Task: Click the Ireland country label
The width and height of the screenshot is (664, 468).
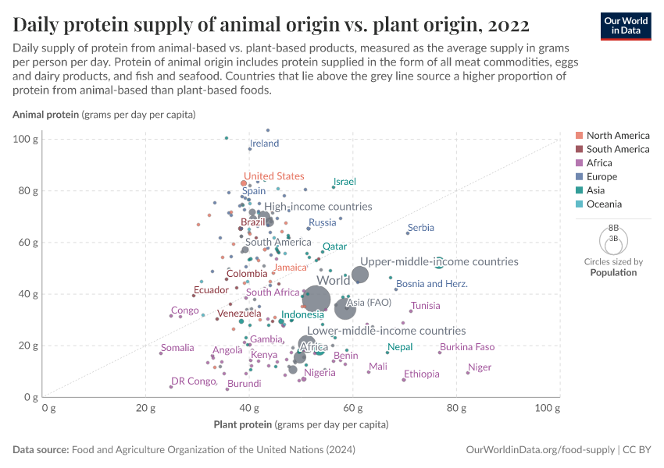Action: click(x=264, y=144)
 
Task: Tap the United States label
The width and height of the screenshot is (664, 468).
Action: click(x=273, y=177)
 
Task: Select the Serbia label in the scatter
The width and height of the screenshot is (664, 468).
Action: click(x=421, y=228)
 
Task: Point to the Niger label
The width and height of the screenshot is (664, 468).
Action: click(x=480, y=367)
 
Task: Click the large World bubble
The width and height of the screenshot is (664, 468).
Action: click(x=316, y=298)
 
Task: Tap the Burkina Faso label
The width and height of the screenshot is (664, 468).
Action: click(x=467, y=347)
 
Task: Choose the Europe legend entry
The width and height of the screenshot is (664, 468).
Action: click(x=602, y=177)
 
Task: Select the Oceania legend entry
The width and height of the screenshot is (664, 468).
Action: click(x=604, y=204)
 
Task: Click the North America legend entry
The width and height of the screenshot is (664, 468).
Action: click(x=617, y=135)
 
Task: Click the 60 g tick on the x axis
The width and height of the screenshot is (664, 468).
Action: click(x=352, y=408)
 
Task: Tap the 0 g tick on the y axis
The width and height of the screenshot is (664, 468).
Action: click(x=32, y=397)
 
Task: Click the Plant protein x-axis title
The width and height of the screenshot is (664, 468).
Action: click(x=301, y=425)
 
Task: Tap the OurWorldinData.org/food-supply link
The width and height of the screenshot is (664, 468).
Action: click(x=539, y=450)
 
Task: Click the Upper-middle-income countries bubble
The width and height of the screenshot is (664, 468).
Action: click(x=360, y=275)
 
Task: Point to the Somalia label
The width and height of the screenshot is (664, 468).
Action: click(x=177, y=348)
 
